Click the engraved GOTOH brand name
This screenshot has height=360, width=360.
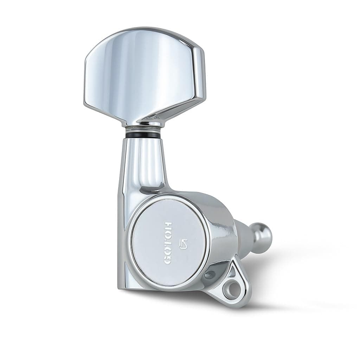pyautogui.click(x=167, y=243)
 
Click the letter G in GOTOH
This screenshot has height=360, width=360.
pyautogui.click(x=167, y=259)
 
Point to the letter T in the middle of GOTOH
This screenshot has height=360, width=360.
pyautogui.click(x=167, y=243)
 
